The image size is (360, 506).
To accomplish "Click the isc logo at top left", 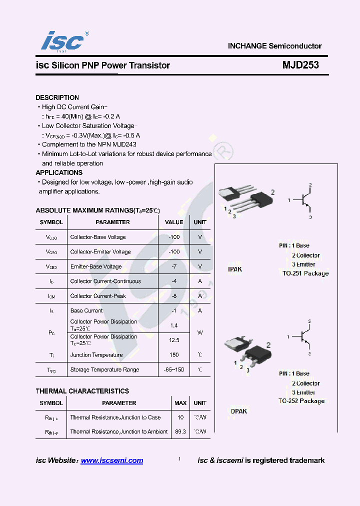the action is coord(62,41).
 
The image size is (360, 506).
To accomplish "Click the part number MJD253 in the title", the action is coord(300,65).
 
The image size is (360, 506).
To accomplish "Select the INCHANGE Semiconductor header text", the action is coord(274,46).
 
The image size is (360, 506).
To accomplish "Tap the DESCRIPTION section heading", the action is coord(57,97).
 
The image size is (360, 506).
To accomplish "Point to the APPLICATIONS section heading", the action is coord(59,172).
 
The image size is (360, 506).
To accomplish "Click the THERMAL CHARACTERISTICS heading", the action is coord(82,391).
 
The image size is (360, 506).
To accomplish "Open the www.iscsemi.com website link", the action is coord(112,460).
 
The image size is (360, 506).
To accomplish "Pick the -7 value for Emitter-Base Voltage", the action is coord(174,266).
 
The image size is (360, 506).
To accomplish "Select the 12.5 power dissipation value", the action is coord(174,340).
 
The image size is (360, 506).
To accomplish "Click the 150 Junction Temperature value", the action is coord(174,355).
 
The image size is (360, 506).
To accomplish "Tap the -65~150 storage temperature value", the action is coord(174,369).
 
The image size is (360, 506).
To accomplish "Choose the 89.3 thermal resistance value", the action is coord(180,431).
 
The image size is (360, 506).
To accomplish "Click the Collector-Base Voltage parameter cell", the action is coord(98,237).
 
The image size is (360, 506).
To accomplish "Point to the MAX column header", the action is coord(180,403).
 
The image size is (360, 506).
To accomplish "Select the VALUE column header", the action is coord(174,222).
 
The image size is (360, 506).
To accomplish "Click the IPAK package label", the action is coord(235,269).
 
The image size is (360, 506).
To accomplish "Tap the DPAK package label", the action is coord(239,411).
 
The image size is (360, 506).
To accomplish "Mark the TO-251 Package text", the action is coord(305,273).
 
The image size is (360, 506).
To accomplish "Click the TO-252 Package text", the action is coord(301,401).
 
